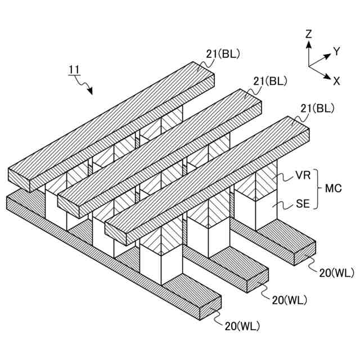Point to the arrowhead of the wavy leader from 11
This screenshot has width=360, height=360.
(x=92, y=92)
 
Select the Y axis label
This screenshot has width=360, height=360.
(x=336, y=51)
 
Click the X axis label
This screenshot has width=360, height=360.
(x=336, y=80)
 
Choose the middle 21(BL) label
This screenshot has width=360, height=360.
(x=270, y=80)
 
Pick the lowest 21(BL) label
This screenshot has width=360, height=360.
(x=317, y=107)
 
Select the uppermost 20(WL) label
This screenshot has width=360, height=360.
(x=336, y=273)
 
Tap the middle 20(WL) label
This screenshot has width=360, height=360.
(x=289, y=300)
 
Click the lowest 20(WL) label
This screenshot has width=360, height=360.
(x=242, y=325)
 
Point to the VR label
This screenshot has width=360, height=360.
(x=303, y=176)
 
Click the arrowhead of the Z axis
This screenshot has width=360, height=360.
(x=308, y=42)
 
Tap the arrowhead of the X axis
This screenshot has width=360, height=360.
(x=328, y=77)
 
